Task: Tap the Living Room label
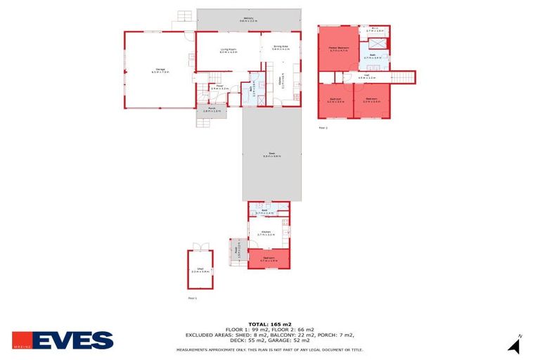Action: (x=228, y=49)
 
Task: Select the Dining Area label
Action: (x=281, y=48)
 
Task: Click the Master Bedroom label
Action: (x=339, y=49)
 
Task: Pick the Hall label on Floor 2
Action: (x=368, y=77)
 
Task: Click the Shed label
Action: (x=199, y=270)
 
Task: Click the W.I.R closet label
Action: (x=375, y=30)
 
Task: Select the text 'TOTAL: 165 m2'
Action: (x=270, y=324)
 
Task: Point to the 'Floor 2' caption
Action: (x=323, y=128)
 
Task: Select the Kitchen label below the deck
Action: (x=266, y=232)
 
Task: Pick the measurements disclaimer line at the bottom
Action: (x=270, y=349)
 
